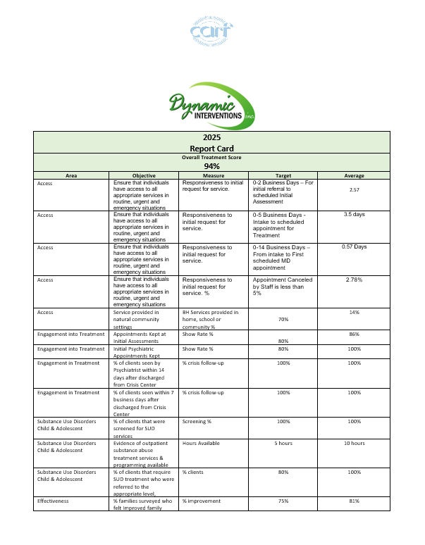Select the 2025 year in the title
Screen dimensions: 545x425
pos(211,137)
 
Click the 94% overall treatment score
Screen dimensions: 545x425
pos(211,166)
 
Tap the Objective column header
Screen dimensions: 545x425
pos(144,175)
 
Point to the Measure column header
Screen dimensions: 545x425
pos(213,175)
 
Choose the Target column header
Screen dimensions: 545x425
pos(283,175)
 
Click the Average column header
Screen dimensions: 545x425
pos(354,175)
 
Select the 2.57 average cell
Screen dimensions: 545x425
pos(354,190)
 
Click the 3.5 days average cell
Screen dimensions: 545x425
pos(354,214)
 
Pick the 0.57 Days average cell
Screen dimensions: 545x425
pos(354,247)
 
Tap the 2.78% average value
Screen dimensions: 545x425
pos(354,280)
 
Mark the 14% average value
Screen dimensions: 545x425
pos(354,312)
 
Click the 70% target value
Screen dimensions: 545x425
pos(283,319)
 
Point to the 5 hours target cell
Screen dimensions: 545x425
pos(283,443)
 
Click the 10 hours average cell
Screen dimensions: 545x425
pos(354,443)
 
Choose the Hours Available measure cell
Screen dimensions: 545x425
pos(201,443)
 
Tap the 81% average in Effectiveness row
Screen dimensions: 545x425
pos(354,501)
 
